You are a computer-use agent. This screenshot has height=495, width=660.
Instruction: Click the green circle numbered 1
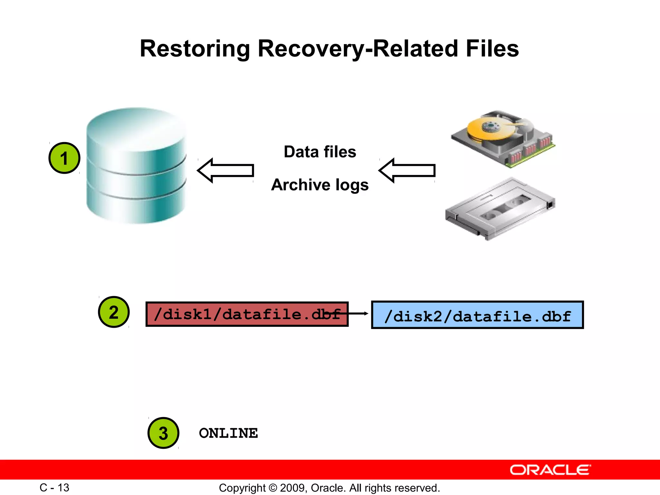[64, 158]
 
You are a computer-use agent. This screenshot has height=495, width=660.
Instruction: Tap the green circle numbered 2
[113, 312]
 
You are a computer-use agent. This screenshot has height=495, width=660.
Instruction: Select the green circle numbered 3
[163, 433]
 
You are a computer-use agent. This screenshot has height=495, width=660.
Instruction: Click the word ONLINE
[228, 433]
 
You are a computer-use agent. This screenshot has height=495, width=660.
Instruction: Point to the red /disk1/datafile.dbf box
[247, 314]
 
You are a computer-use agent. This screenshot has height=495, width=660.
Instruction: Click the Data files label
[320, 152]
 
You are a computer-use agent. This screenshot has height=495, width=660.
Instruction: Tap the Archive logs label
[320, 185]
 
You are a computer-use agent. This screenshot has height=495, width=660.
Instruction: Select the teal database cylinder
[136, 166]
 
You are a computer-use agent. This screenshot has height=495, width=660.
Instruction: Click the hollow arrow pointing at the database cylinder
[226, 170]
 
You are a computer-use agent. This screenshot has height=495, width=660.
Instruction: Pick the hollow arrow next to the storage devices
[407, 170]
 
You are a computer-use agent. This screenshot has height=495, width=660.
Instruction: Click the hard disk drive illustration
[503, 139]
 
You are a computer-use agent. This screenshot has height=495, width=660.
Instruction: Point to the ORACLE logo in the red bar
[550, 470]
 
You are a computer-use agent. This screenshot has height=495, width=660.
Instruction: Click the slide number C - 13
[54, 488]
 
